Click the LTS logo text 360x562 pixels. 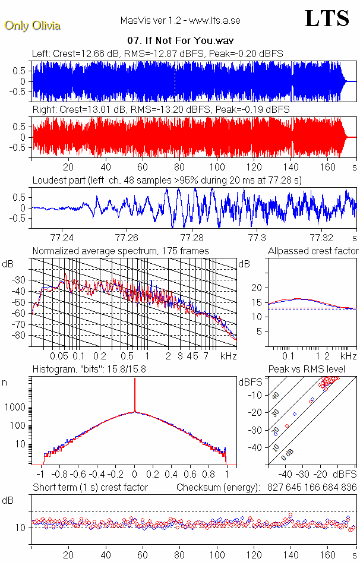click(327, 18)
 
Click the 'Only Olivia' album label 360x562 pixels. click(33, 26)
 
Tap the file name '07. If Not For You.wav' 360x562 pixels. click(180, 41)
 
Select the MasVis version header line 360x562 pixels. click(180, 21)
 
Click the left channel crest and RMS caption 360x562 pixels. click(157, 53)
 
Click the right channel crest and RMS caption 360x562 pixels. click(161, 110)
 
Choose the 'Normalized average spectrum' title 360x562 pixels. click(121, 251)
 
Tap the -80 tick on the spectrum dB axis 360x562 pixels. click(21, 336)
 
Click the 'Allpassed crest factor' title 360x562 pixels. click(313, 251)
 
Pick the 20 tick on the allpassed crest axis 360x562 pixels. click(257, 288)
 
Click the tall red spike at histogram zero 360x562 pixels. click(135, 392)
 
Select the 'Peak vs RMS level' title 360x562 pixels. click(307, 370)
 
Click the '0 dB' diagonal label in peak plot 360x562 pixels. click(288, 453)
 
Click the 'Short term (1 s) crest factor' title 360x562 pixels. click(90, 487)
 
